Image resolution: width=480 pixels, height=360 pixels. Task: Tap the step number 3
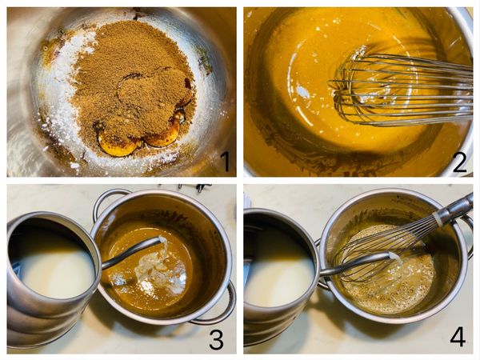pos(217,338)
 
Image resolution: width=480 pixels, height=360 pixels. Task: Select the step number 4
pos(458,338)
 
